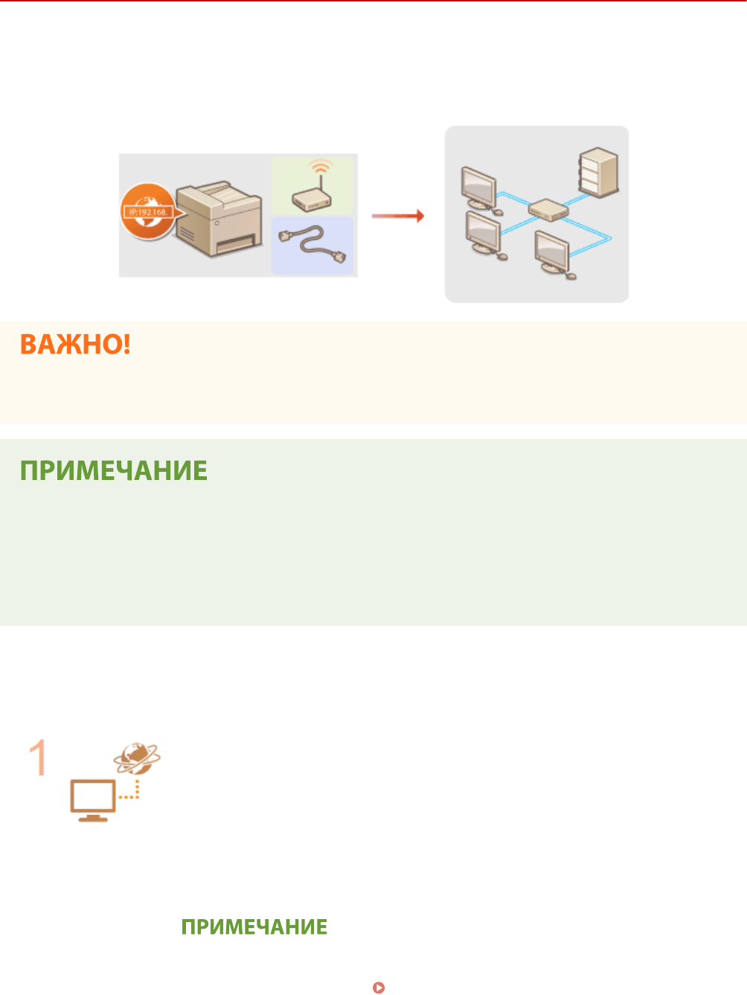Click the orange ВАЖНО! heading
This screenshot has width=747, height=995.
pyautogui.click(x=75, y=345)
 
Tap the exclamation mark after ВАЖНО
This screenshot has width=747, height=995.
pyautogui.click(x=126, y=345)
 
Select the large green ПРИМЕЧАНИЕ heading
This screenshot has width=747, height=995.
pyautogui.click(x=114, y=471)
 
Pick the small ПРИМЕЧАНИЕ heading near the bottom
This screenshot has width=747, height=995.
pyautogui.click(x=254, y=927)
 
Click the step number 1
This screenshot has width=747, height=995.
pyautogui.click(x=38, y=758)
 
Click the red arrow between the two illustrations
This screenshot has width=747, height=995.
pyautogui.click(x=397, y=216)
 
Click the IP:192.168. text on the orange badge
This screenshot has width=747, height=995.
pyautogui.click(x=148, y=212)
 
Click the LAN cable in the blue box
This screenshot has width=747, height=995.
pyautogui.click(x=312, y=246)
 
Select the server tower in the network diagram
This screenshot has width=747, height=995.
pyautogui.click(x=598, y=173)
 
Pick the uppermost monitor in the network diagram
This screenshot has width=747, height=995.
pyautogui.click(x=478, y=188)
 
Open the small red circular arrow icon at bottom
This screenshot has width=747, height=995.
pyautogui.click(x=379, y=988)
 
